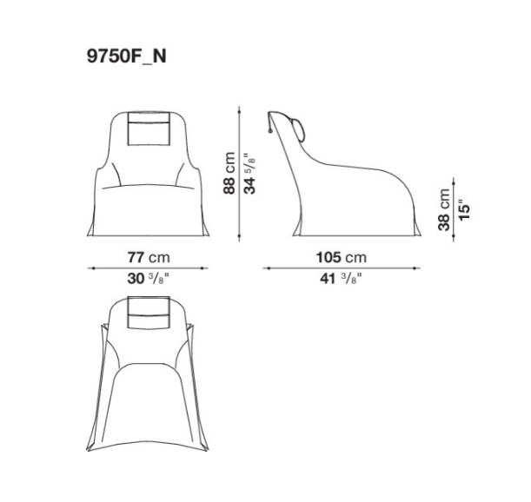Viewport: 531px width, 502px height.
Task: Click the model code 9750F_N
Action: (127, 56)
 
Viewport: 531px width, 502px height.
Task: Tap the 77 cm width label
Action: (149, 257)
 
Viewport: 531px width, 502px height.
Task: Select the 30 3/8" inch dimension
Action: (148, 279)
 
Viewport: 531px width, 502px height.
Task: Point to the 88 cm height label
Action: (229, 173)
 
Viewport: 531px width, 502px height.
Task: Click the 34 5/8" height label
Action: (250, 174)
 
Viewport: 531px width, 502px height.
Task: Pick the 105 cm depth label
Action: (342, 257)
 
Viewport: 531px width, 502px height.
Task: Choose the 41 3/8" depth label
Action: (341, 279)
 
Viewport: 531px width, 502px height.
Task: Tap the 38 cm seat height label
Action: (444, 210)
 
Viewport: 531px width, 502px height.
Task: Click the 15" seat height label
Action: (465, 212)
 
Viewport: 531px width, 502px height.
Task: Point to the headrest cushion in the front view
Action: (149, 129)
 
